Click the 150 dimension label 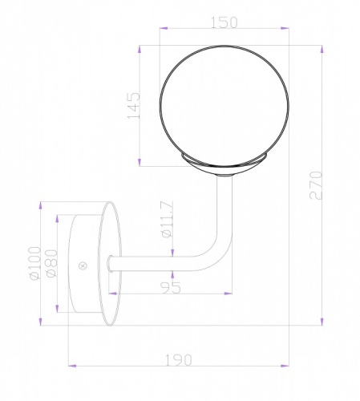224,22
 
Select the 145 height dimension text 134,106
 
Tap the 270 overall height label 316,185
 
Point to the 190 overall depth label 179,360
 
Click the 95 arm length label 171,287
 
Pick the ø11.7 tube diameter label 168,219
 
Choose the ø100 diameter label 35,263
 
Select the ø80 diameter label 51,263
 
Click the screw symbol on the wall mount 83,265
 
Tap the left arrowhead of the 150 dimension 164,28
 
